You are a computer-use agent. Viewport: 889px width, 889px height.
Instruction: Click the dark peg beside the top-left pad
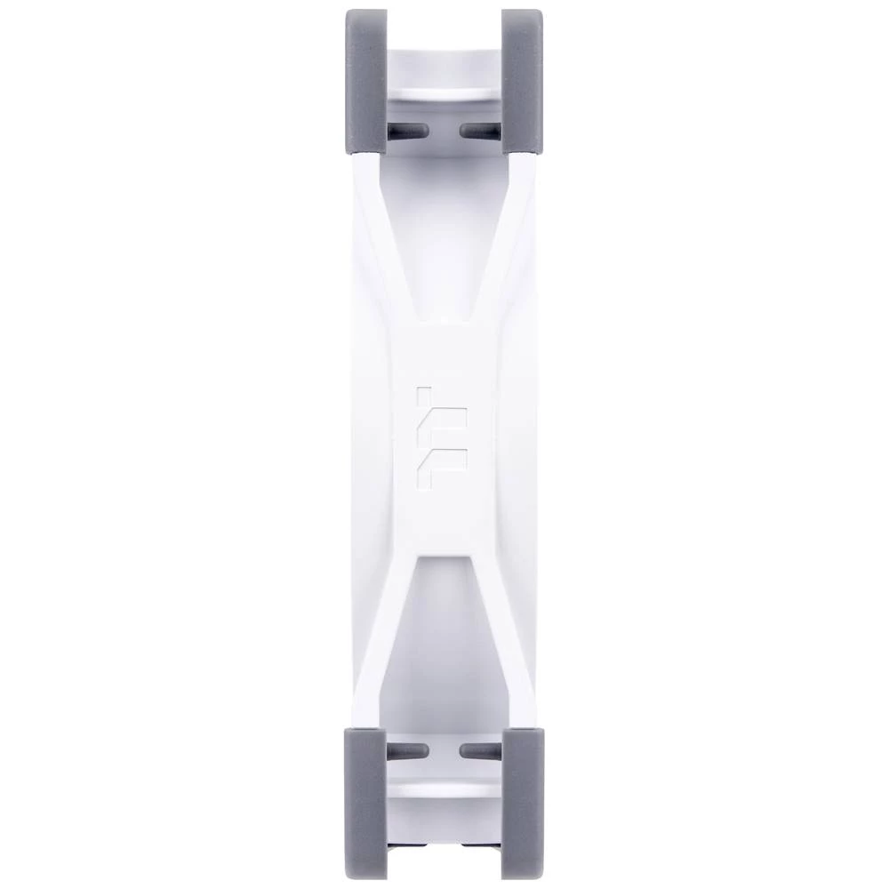(x=408, y=131)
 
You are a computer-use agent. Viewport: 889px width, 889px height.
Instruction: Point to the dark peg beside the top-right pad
(x=479, y=131)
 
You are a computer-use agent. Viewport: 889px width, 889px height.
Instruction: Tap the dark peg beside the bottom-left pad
(x=408, y=751)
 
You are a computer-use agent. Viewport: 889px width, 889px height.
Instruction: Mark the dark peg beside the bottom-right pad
(x=479, y=751)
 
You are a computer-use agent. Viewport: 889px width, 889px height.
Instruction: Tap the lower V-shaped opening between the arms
(x=444, y=640)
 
